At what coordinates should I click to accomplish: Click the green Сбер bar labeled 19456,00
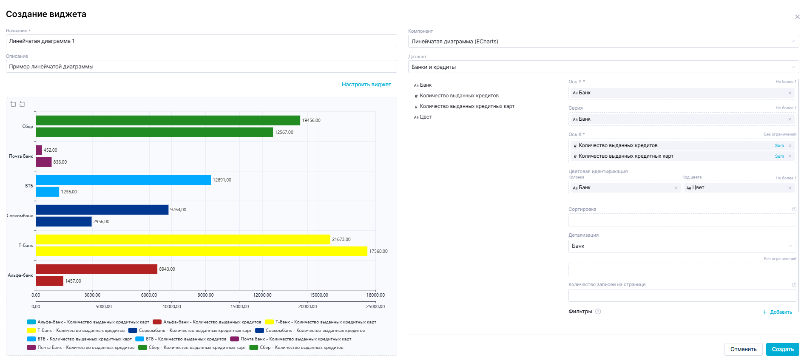[x=168, y=120]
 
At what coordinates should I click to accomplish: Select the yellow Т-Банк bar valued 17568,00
[x=201, y=251]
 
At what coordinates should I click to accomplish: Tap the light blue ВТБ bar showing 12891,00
[x=123, y=180]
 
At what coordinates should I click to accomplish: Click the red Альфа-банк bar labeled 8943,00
[x=97, y=269]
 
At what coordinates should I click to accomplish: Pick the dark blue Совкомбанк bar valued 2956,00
[x=64, y=221]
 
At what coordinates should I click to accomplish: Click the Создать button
[x=782, y=349]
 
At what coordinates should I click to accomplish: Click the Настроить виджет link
[x=366, y=85]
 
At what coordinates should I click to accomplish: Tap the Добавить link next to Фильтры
[x=778, y=312]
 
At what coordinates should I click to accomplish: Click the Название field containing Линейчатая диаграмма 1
[x=201, y=41]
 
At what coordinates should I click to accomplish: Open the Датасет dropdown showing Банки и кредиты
[x=603, y=67]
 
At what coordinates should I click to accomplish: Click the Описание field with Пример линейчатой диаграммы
[x=201, y=66]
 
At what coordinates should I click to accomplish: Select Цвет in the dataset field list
[x=426, y=117]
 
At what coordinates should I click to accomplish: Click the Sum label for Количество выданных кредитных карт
[x=779, y=156]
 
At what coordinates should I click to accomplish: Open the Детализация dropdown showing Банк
[x=682, y=246]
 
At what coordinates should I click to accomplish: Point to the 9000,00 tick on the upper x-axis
[x=205, y=295]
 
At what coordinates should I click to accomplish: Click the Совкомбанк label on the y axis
[x=20, y=215]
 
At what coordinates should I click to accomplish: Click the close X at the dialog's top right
[x=797, y=17]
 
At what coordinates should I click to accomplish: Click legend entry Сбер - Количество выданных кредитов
[x=301, y=347]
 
